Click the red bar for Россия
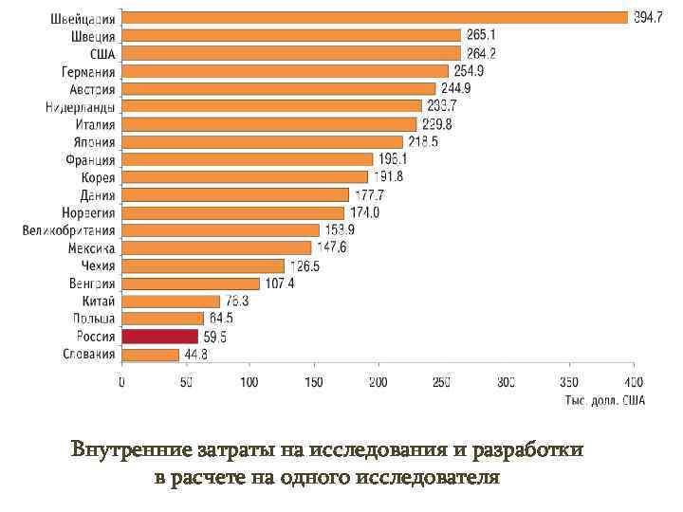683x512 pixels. (159, 337)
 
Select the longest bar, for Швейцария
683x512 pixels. (375, 17)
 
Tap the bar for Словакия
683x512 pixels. (150, 355)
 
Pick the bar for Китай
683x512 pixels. (170, 301)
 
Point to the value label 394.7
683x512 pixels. (648, 18)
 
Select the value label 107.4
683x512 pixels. (280, 283)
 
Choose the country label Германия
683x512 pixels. (89, 71)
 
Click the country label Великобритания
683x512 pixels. (69, 230)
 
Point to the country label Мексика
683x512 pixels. (91, 247)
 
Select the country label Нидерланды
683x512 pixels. (81, 106)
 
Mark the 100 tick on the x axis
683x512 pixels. (249, 383)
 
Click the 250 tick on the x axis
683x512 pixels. (441, 383)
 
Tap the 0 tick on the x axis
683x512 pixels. (121, 383)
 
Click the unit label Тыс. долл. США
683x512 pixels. (605, 400)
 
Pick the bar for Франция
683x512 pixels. (248, 159)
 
